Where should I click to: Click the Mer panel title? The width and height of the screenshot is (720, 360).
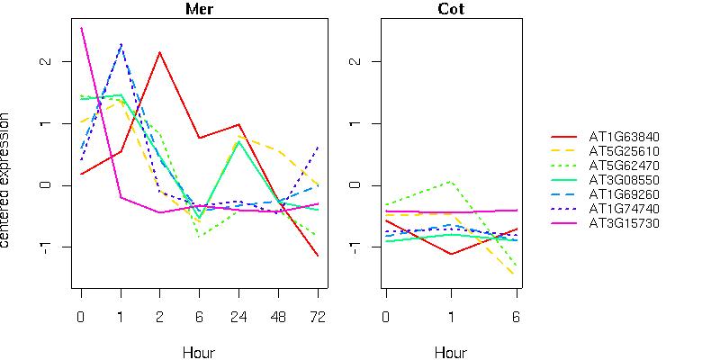click(199, 9)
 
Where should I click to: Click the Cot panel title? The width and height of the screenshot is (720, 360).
click(451, 9)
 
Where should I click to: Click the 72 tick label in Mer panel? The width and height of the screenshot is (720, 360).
click(318, 316)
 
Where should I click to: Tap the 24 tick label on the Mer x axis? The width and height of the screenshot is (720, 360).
click(238, 316)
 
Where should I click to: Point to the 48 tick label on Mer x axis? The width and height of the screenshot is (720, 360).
click(278, 316)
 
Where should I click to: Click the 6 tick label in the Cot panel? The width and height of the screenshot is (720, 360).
click(517, 316)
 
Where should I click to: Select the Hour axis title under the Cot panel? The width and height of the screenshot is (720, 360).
click(451, 352)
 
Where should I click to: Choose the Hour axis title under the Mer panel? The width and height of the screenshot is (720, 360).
click(199, 352)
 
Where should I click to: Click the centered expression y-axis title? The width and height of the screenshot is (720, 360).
click(8, 181)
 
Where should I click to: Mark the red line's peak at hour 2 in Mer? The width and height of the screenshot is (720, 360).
click(159, 52)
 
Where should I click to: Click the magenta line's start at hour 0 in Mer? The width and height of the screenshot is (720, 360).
click(81, 28)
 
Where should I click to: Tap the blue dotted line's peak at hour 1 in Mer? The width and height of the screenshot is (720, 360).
click(121, 44)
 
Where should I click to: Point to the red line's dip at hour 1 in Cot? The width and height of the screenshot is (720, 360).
click(451, 254)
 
